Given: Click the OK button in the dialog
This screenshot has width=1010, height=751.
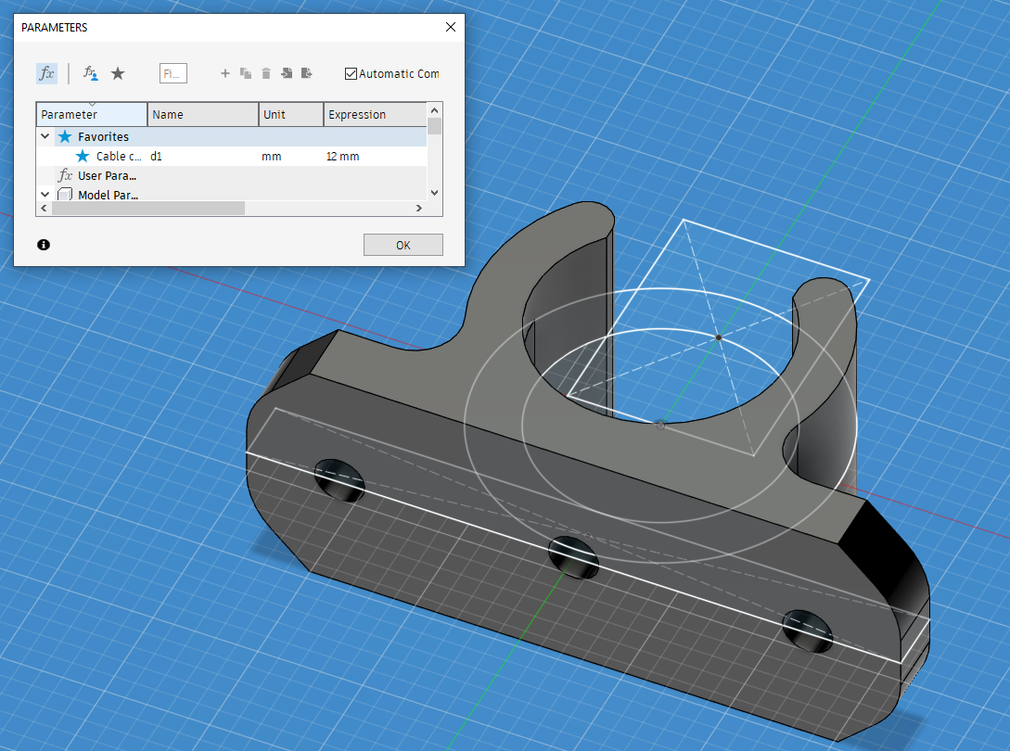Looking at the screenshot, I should pyautogui.click(x=403, y=245).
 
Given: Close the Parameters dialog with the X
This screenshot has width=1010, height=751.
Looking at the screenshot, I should pyautogui.click(x=451, y=27).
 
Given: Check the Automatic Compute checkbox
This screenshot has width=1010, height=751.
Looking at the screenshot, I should pyautogui.click(x=351, y=73).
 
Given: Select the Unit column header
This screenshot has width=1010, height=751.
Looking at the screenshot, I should pyautogui.click(x=289, y=114).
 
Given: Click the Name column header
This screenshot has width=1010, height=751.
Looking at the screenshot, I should pyautogui.click(x=202, y=114).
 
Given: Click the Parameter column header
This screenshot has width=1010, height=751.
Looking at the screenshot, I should pyautogui.click(x=91, y=114).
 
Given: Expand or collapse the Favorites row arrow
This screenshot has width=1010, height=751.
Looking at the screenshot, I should pyautogui.click(x=45, y=136).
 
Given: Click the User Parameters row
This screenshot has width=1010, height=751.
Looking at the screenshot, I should pyautogui.click(x=107, y=175).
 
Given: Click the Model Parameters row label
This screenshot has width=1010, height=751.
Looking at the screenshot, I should pyautogui.click(x=107, y=195).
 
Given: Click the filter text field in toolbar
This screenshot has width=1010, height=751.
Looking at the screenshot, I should pyautogui.click(x=173, y=73).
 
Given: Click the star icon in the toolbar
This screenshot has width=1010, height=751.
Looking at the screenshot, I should pyautogui.click(x=118, y=73).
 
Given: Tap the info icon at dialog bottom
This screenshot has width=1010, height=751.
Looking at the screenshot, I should pyautogui.click(x=44, y=245).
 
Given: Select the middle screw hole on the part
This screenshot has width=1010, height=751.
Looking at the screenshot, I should pyautogui.click(x=571, y=556).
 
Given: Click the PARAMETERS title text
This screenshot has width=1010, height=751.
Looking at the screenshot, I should pyautogui.click(x=55, y=28).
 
